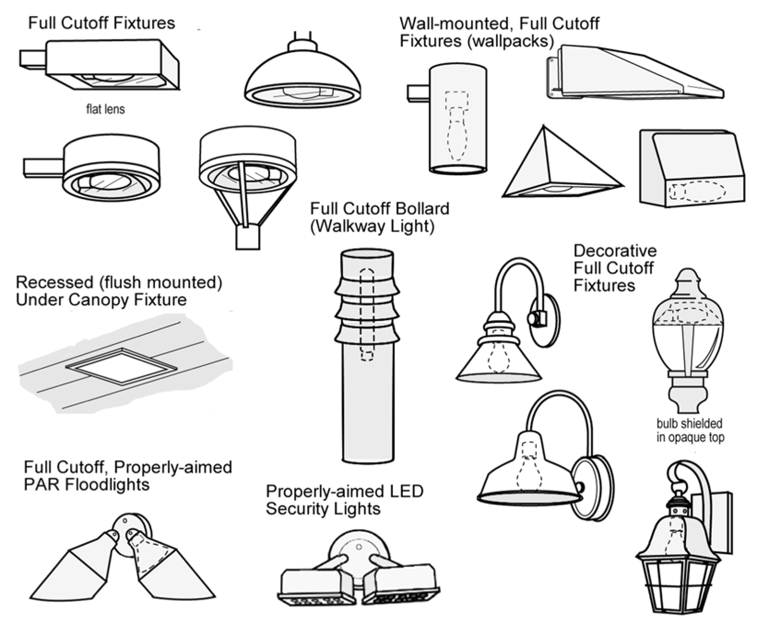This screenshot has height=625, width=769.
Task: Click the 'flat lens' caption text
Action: (x=105, y=109)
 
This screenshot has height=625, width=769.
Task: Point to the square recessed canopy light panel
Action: (x=122, y=367)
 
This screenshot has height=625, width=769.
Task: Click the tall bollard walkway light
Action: (x=367, y=356)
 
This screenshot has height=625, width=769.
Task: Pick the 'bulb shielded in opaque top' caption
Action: (x=690, y=430)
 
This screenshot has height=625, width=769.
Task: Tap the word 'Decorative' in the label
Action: (x=615, y=251)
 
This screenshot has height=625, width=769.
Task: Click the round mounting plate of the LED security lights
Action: (x=358, y=550)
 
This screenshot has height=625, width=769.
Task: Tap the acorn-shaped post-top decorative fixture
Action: (x=688, y=341)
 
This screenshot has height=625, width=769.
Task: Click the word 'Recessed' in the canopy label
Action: (x=48, y=282)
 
